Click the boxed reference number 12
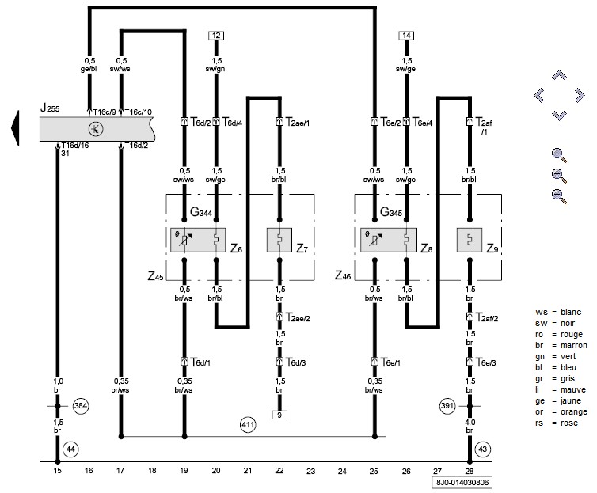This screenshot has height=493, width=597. [x=216, y=36]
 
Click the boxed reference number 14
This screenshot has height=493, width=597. [x=406, y=36]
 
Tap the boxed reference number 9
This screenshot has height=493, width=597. [x=279, y=415]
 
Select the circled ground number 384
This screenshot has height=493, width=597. [x=81, y=406]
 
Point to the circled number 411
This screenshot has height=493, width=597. [x=248, y=424]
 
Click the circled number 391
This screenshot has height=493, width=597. [x=447, y=405]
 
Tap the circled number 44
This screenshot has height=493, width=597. [x=70, y=449]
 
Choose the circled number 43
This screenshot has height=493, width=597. [x=483, y=449]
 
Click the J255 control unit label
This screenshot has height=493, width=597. [x=50, y=108]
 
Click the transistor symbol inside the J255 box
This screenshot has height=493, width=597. [x=96, y=129]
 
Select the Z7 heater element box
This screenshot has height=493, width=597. [x=279, y=240]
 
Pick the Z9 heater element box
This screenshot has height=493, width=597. [x=470, y=240]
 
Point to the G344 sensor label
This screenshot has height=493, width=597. [x=201, y=212]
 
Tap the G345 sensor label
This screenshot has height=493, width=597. [x=391, y=212]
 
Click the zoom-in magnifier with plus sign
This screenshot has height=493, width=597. [x=559, y=176]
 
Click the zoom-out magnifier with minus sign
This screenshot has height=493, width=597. [x=559, y=196]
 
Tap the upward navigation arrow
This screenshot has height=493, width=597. [x=559, y=75]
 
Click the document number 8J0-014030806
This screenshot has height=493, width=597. [x=462, y=483]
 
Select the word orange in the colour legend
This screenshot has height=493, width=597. [x=574, y=412]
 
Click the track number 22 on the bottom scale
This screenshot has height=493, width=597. [x=279, y=471]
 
